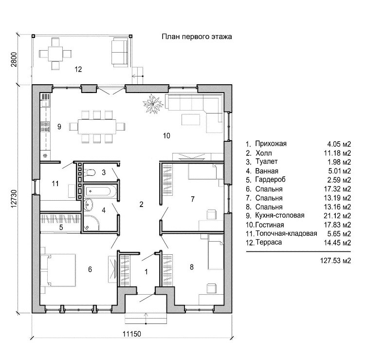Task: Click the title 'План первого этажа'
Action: coord(197,37)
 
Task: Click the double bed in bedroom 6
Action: coord(59,269)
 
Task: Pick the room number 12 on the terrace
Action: coord(78,70)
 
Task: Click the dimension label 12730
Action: coord(14,199)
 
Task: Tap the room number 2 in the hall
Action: coord(141,204)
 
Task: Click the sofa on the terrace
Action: coord(119,49)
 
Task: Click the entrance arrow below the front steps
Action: coord(146,317)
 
